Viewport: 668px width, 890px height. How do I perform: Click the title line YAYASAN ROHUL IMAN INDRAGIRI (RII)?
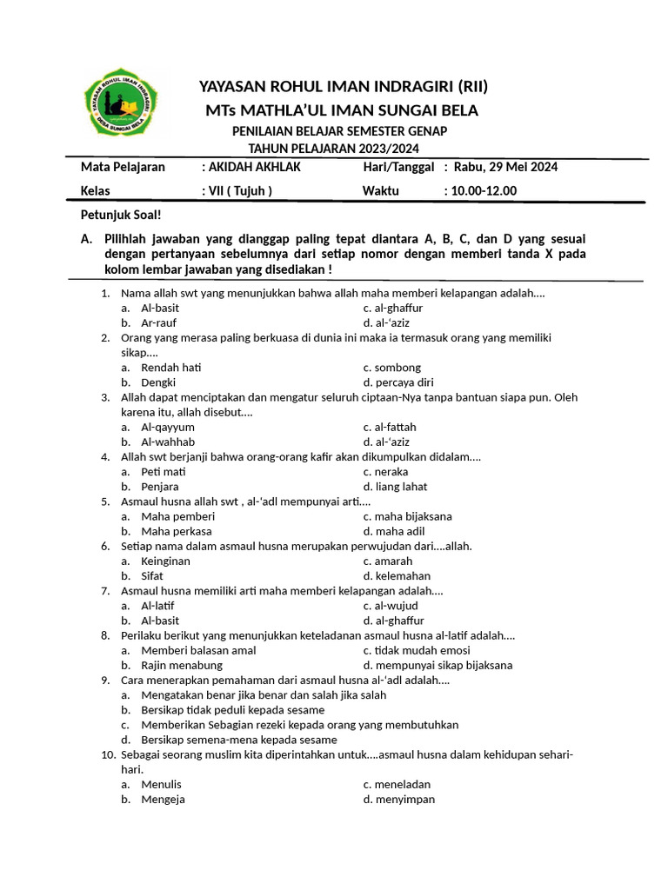pyautogui.click(x=344, y=86)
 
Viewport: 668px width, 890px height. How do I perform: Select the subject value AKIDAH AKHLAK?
pyautogui.click(x=250, y=167)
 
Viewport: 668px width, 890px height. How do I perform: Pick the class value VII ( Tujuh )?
pyautogui.click(x=237, y=191)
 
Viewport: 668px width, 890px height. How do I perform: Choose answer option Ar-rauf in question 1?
pyautogui.click(x=160, y=322)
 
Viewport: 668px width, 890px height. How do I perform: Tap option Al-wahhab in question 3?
pyautogui.click(x=168, y=442)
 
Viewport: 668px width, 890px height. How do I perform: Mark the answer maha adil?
pyautogui.click(x=396, y=531)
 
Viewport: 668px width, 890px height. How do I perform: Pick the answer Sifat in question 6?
pyautogui.click(x=153, y=575)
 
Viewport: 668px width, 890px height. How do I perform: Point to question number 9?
pyautogui.click(x=105, y=680)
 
